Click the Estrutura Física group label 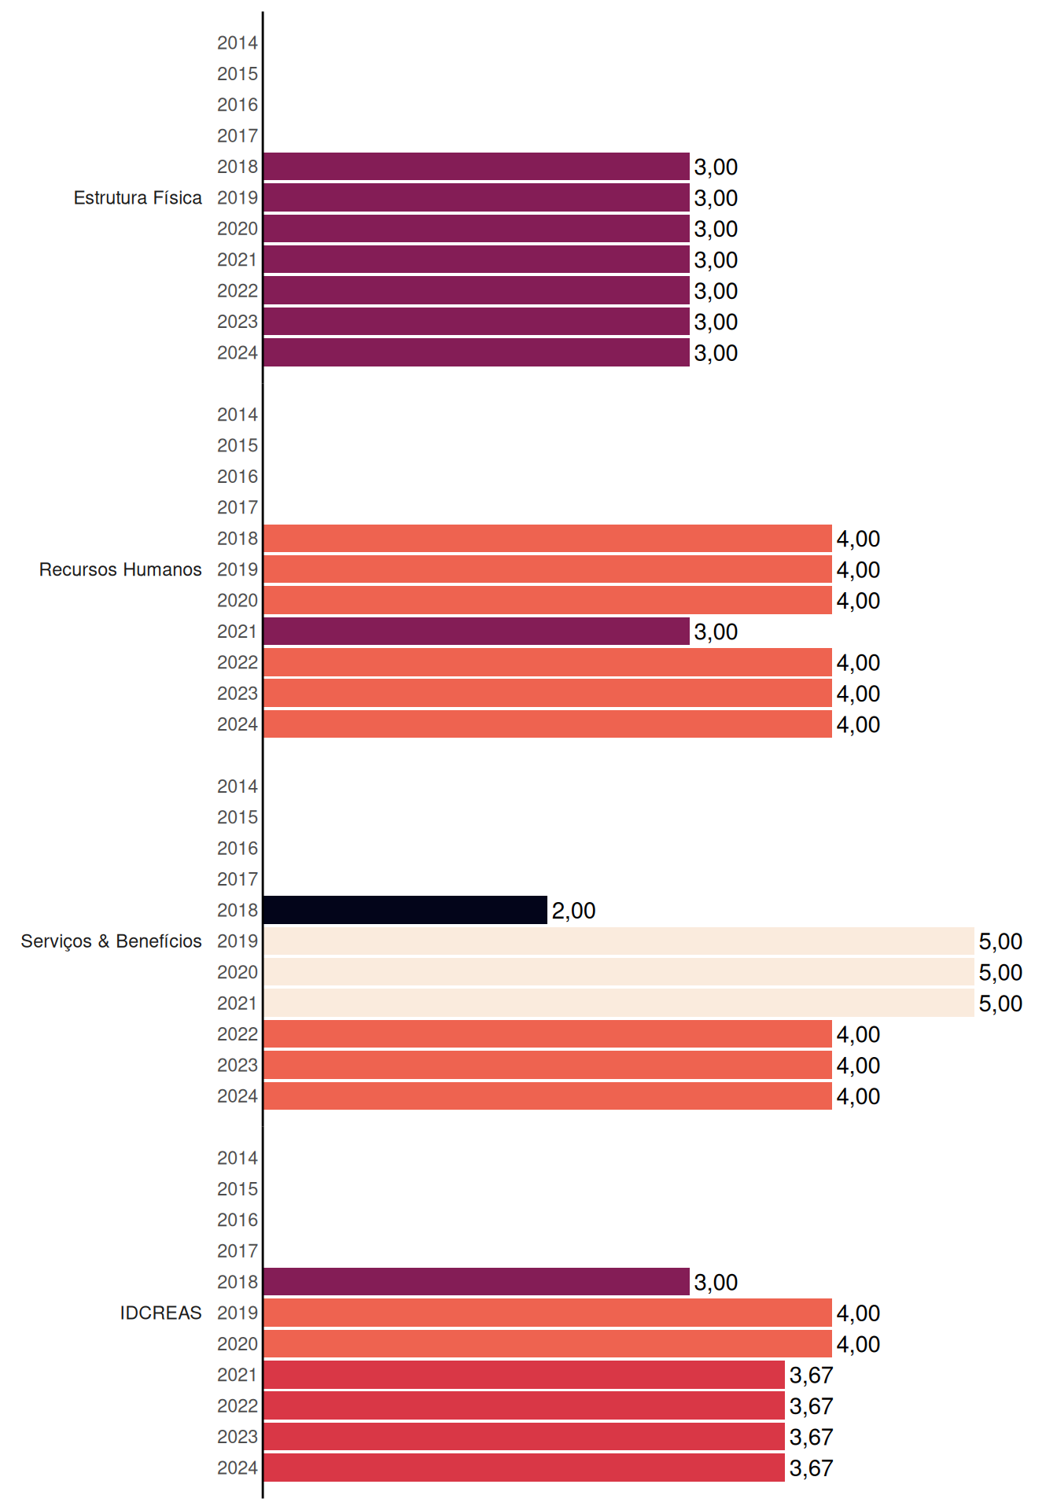(x=138, y=197)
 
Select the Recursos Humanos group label (x=120, y=569)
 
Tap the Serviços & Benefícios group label (x=111, y=941)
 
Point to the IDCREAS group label (x=160, y=1313)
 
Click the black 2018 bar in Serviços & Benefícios (x=405, y=910)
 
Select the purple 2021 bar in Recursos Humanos (x=477, y=632)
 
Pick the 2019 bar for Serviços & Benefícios (x=619, y=941)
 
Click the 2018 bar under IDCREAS (x=477, y=1282)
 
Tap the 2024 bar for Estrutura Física (x=477, y=352)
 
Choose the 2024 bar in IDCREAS (x=524, y=1468)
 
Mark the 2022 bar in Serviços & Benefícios (x=547, y=1034)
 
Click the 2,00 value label (x=573, y=911)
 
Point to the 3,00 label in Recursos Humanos (x=716, y=632)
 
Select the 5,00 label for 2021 (x=1000, y=1004)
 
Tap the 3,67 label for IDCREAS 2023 (x=811, y=1438)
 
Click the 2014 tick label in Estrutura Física (x=238, y=43)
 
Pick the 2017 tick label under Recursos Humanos (x=238, y=507)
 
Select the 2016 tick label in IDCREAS (x=238, y=1220)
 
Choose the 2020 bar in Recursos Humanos (x=547, y=600)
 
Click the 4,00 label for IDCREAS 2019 (x=858, y=1313)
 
